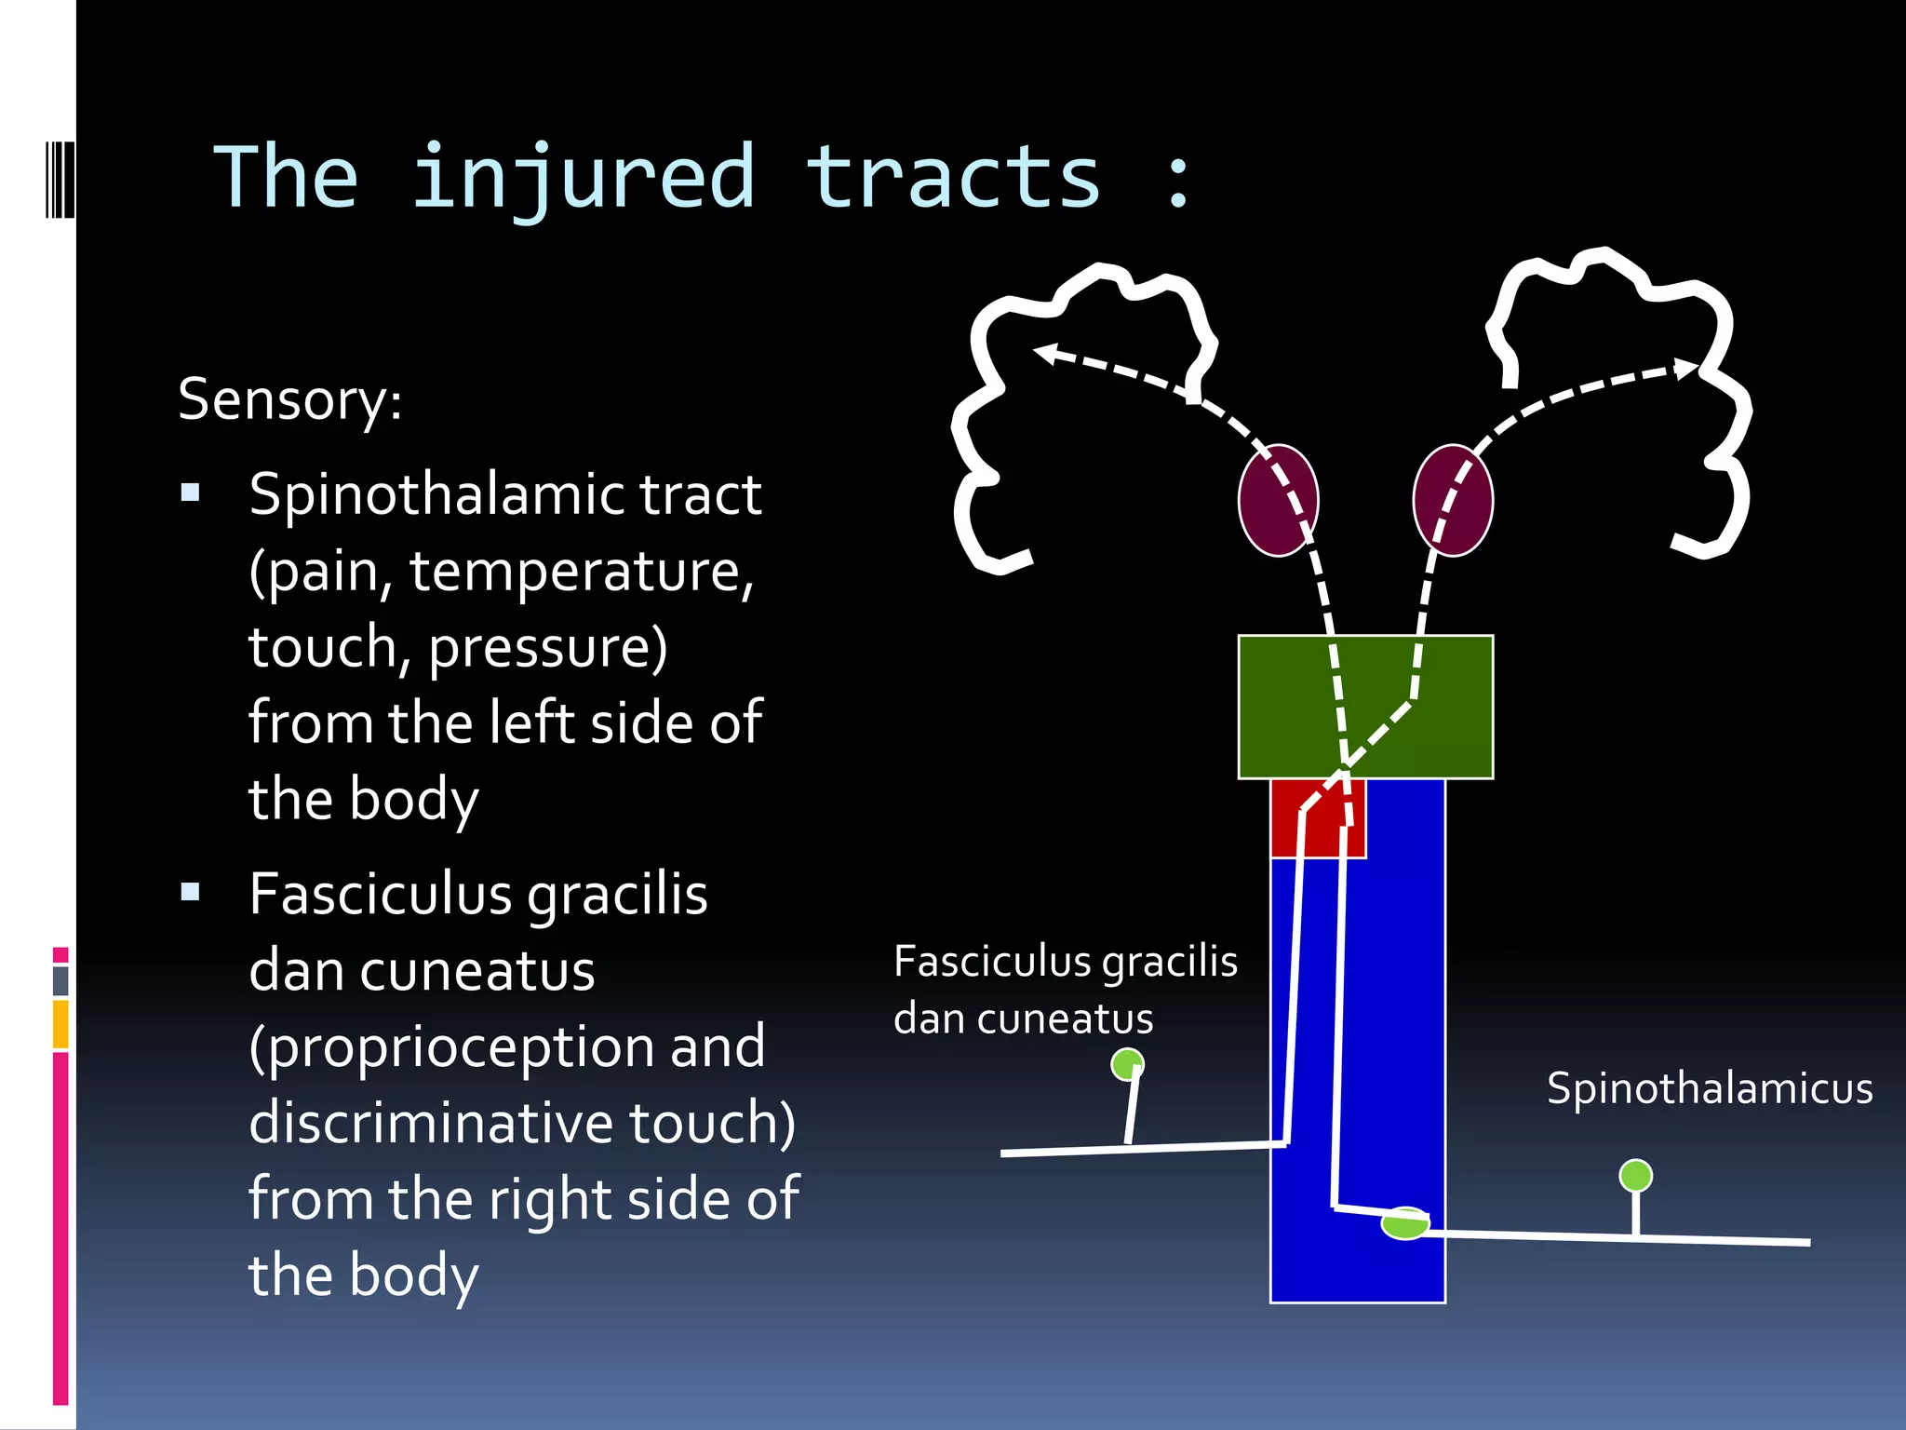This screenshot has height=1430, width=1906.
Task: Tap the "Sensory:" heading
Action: pyautogui.click(x=290, y=399)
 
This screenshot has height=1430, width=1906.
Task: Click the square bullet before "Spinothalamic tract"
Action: pyautogui.click(x=191, y=492)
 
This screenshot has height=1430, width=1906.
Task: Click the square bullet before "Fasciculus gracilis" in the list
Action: pyautogui.click(x=191, y=893)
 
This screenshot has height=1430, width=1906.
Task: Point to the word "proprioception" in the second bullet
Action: pyautogui.click(x=463, y=1046)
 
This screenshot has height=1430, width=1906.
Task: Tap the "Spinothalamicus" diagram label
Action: pyautogui.click(x=1710, y=1088)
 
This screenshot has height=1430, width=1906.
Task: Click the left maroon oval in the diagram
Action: pyautogui.click(x=1278, y=501)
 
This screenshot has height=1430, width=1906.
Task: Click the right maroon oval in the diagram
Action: pyautogui.click(x=1453, y=501)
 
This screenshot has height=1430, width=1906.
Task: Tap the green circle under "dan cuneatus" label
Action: pyautogui.click(x=1127, y=1064)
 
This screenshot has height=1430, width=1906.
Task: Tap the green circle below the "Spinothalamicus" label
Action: pyautogui.click(x=1635, y=1176)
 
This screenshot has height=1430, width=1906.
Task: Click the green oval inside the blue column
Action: pyautogui.click(x=1404, y=1223)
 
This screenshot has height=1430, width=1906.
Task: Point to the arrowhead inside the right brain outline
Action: pyautogui.click(x=1685, y=370)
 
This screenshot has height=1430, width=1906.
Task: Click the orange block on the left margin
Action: pyautogui.click(x=60, y=1024)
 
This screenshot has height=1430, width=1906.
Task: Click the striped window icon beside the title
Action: pyautogui.click(x=60, y=179)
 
